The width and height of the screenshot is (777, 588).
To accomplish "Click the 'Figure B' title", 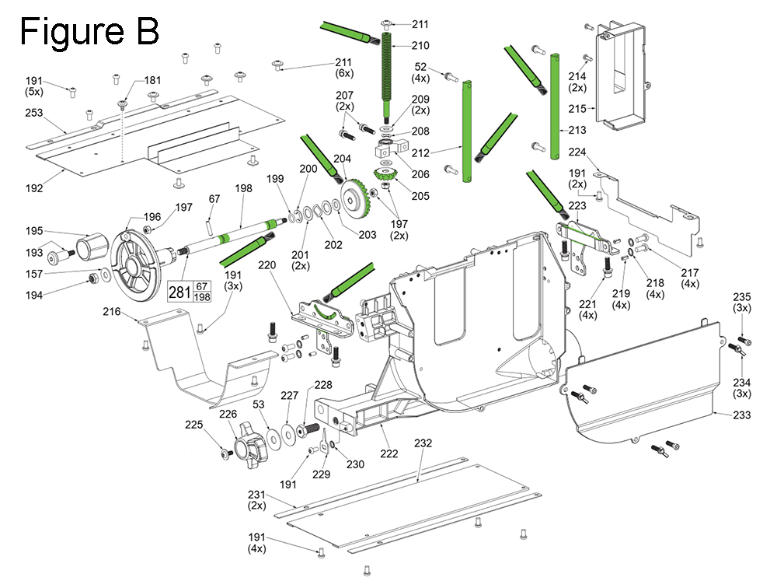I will [x=89, y=32].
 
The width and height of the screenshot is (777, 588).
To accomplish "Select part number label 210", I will [x=420, y=45].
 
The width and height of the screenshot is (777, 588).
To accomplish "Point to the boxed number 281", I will [x=179, y=292].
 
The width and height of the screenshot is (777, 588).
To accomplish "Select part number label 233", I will [x=741, y=415].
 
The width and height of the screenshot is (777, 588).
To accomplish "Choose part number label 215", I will [x=577, y=110].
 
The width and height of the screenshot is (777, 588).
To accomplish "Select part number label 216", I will [x=112, y=312].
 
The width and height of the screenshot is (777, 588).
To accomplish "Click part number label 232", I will [x=423, y=443].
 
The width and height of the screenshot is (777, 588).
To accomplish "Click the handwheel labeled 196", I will [x=136, y=257].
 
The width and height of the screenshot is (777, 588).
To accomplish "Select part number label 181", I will [x=153, y=79].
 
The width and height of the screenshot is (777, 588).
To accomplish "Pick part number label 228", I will [x=322, y=384].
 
